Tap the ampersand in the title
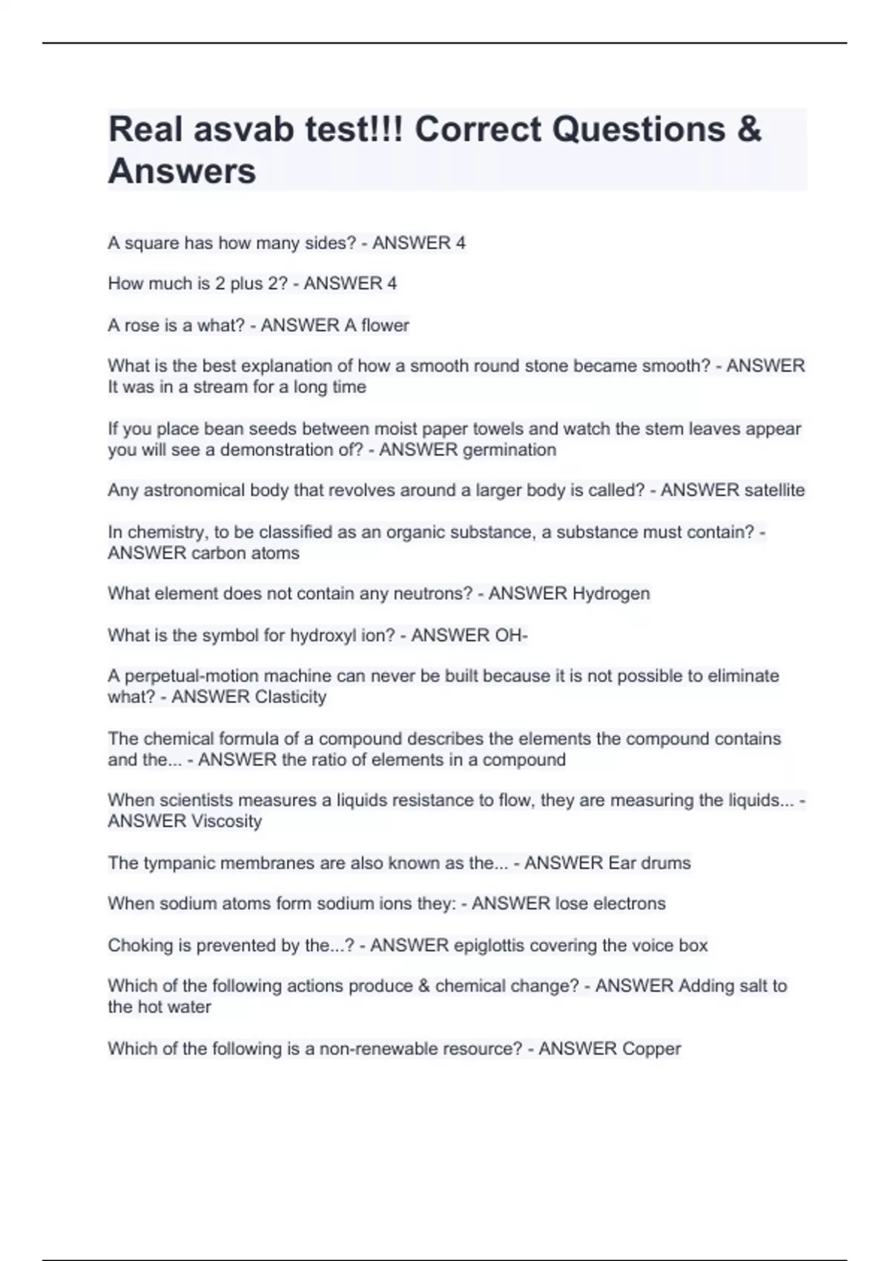coord(750,130)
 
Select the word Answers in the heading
coord(182,171)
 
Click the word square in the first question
coord(151,243)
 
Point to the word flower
coord(385,326)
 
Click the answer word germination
coord(508,450)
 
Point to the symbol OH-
coord(511,636)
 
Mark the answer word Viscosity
coord(226,822)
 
